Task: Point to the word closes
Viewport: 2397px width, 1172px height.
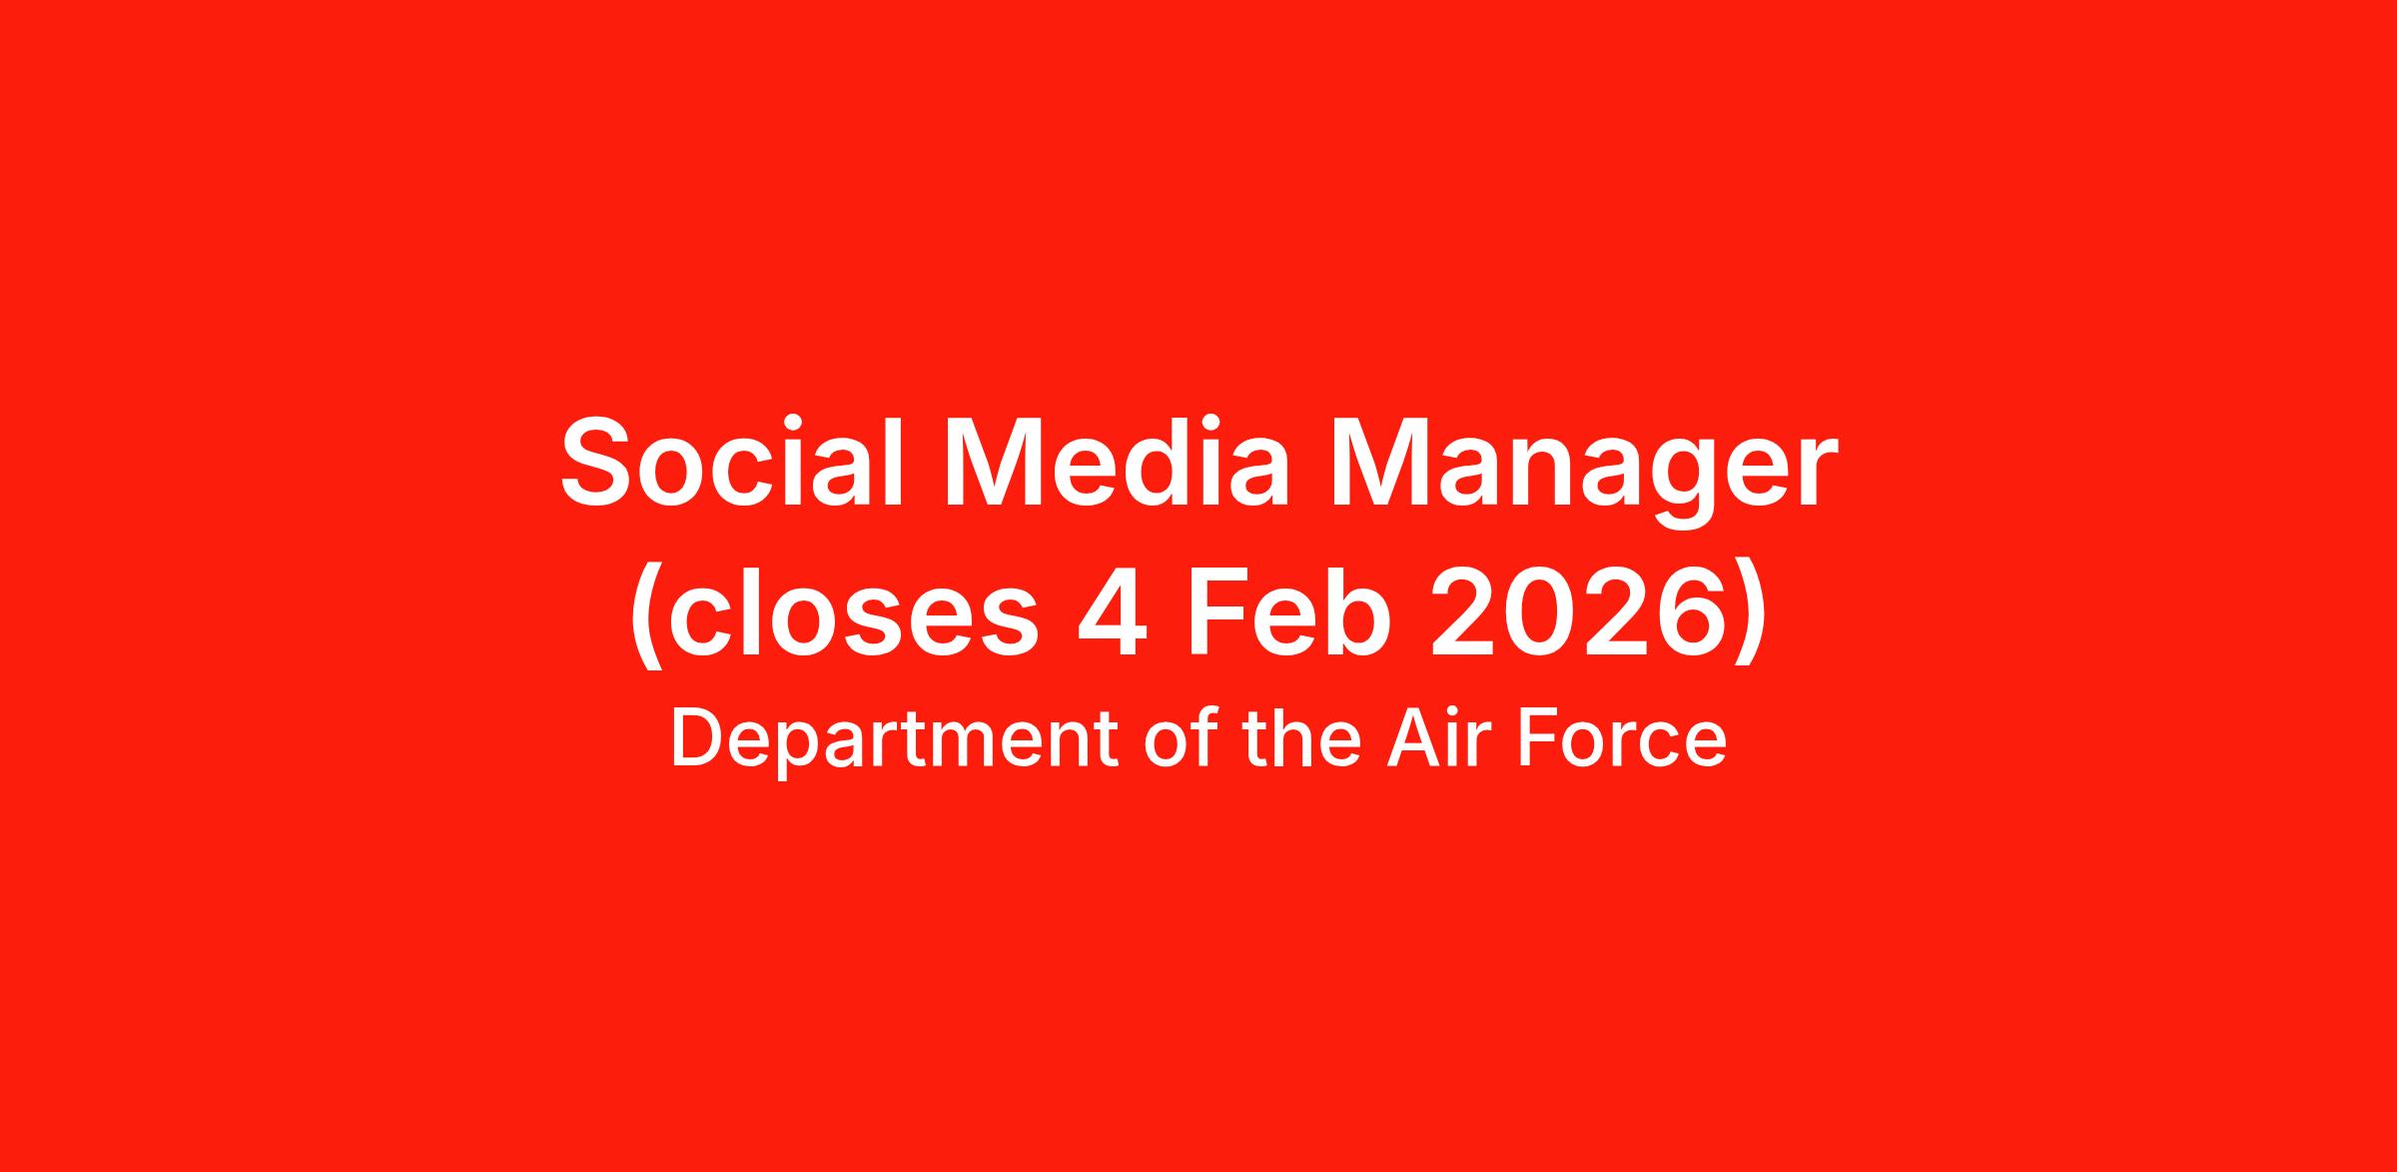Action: (852, 613)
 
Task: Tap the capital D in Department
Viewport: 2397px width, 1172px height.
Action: (698, 738)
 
